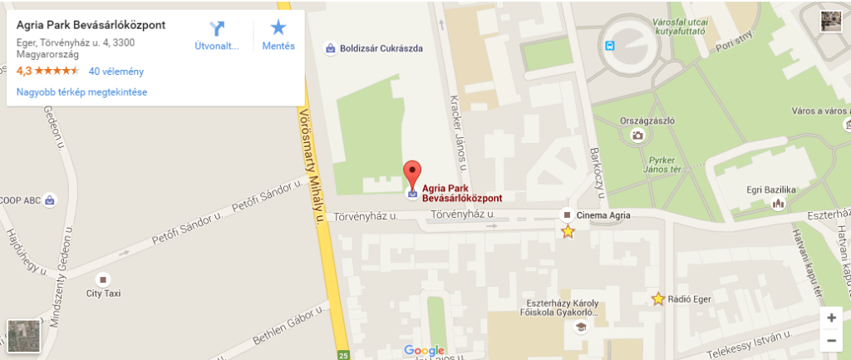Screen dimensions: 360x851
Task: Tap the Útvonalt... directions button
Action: coord(217,36)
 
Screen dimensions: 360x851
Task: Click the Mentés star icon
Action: coord(278,28)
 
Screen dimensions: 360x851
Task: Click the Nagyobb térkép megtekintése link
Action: coord(81,92)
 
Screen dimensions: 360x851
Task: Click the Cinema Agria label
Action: coord(603,215)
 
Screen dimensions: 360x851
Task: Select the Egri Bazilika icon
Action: coord(779,203)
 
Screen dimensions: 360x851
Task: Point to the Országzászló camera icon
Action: coord(637,136)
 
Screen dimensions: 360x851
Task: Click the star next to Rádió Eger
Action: coord(658,298)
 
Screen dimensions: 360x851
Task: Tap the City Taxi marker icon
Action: coord(103,279)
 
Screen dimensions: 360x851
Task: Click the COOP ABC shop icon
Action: coord(50,200)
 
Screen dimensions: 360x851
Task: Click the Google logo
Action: coord(425,350)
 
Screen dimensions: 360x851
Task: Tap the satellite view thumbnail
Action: coord(22,336)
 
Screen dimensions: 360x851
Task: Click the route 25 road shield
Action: coord(343,356)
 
